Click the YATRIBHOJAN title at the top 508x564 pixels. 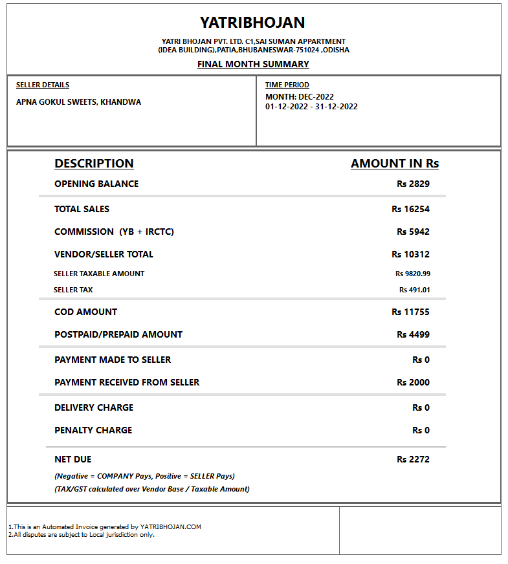click(x=252, y=23)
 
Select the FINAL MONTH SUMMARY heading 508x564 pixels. click(x=253, y=64)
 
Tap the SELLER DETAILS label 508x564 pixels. click(x=43, y=85)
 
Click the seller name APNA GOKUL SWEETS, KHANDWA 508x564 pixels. click(x=78, y=102)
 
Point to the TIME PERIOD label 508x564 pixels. click(x=287, y=85)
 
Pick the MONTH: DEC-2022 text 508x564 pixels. click(x=300, y=97)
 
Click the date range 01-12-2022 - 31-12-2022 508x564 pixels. click(x=311, y=107)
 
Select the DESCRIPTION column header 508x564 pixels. click(x=94, y=164)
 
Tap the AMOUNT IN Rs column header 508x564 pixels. click(x=395, y=164)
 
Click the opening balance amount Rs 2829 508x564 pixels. click(x=413, y=184)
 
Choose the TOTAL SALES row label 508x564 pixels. click(x=82, y=209)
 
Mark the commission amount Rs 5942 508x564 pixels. click(x=413, y=232)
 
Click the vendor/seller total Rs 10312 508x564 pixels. click(x=410, y=254)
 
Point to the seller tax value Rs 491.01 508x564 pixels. click(x=414, y=290)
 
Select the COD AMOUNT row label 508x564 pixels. click(x=86, y=312)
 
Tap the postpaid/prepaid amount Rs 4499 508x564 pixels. click(x=413, y=334)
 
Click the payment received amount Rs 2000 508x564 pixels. click(x=413, y=382)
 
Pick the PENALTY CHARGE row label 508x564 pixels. click(x=93, y=430)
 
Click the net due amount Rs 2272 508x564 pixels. click(x=413, y=459)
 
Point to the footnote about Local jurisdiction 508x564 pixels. click(x=82, y=534)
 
